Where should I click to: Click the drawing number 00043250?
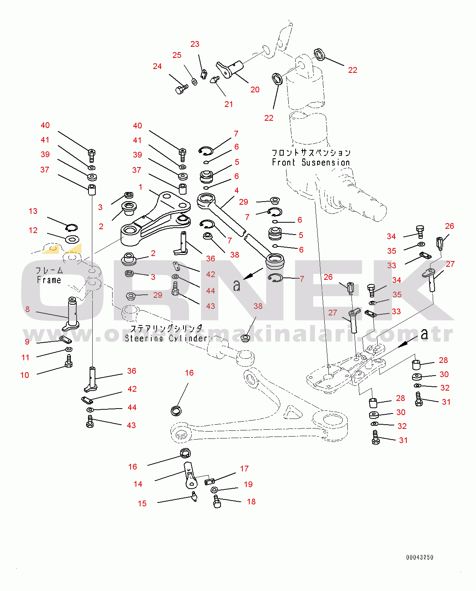pyautogui.click(x=419, y=557)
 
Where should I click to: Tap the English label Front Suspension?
pyautogui.click(x=311, y=163)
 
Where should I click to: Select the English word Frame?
pyautogui.click(x=49, y=280)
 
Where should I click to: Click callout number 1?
pyautogui.click(x=141, y=187)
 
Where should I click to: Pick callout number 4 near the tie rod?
pyautogui.click(x=237, y=190)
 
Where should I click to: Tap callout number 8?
pyautogui.click(x=27, y=309)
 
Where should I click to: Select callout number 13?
pyautogui.click(x=33, y=211)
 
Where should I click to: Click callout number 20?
pyautogui.click(x=255, y=90)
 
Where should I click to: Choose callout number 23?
pyautogui.click(x=195, y=44)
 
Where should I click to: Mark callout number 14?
pyautogui.click(x=138, y=484)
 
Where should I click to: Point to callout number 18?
pyautogui.click(x=251, y=502)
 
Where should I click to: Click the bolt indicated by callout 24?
pyautogui.click(x=181, y=90)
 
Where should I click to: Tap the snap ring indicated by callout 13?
pyautogui.click(x=72, y=228)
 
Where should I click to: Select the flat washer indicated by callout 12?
pyautogui.click(x=72, y=240)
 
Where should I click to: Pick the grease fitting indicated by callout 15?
pyautogui.click(x=194, y=497)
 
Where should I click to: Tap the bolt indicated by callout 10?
pyautogui.click(x=69, y=361)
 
